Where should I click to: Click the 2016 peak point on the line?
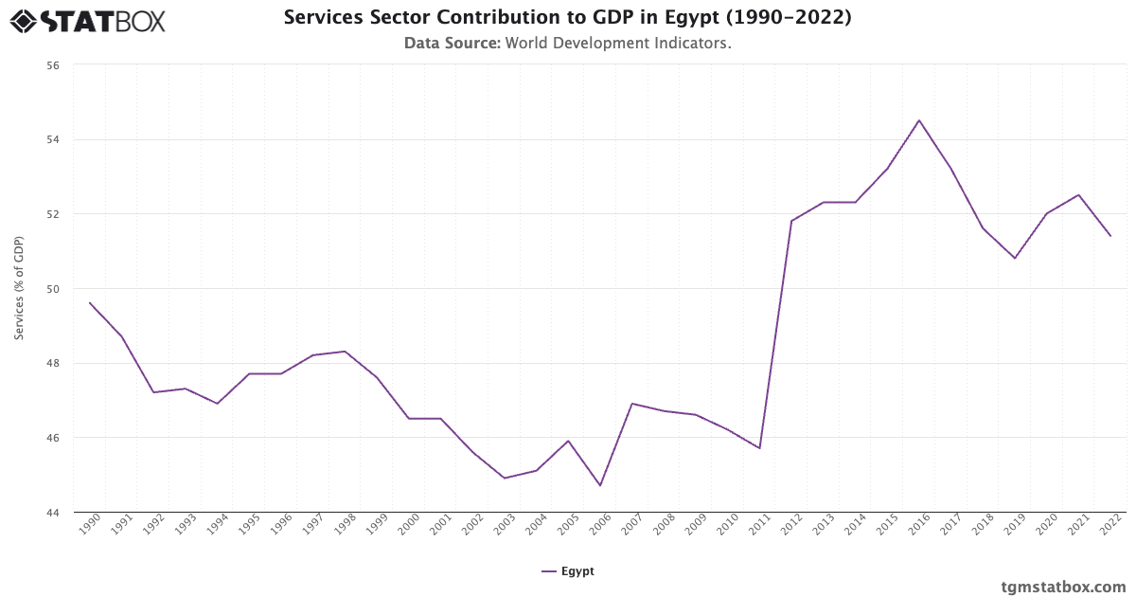(x=919, y=120)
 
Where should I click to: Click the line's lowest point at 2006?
(x=600, y=486)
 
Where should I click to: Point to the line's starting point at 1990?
(x=90, y=302)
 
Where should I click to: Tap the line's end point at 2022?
(x=1110, y=236)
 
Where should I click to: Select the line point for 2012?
(x=791, y=221)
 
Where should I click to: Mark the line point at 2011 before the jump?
(x=759, y=448)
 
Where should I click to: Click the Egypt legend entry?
(x=568, y=571)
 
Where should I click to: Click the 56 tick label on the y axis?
(x=52, y=65)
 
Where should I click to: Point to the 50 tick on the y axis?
(x=52, y=289)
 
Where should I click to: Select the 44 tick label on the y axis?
(x=52, y=513)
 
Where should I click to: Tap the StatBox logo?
(x=87, y=20)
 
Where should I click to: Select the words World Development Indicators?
(x=618, y=43)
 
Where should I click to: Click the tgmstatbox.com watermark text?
(x=1063, y=587)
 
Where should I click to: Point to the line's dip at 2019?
(x=1015, y=258)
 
